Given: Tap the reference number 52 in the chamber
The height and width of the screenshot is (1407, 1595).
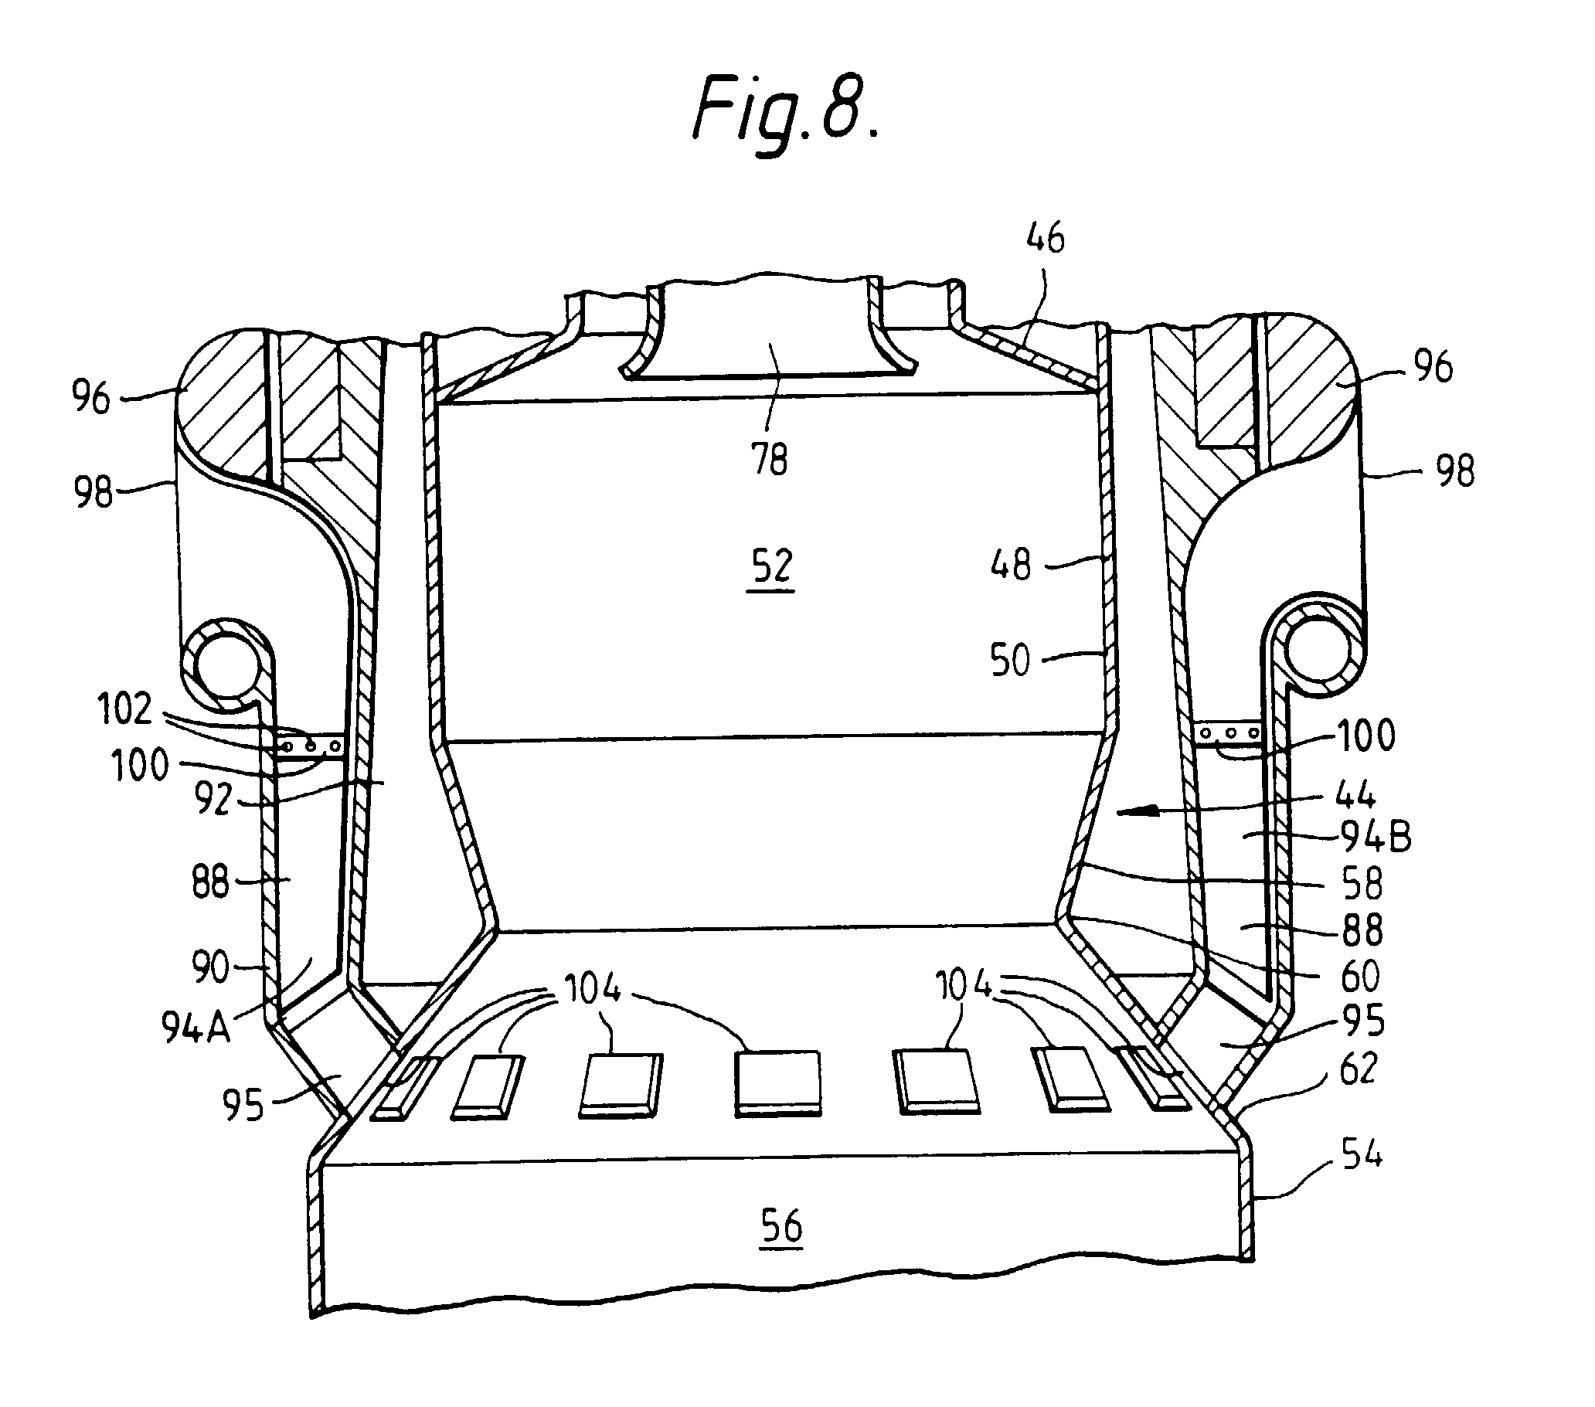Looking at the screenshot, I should click(771, 566).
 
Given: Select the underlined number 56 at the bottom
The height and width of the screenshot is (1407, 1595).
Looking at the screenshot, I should click(781, 1226).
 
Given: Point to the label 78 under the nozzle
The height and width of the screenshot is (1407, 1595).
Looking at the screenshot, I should click(770, 459).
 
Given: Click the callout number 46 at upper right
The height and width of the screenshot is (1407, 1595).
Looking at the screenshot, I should click(1045, 237).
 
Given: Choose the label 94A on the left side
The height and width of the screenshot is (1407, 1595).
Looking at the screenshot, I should click(196, 1028).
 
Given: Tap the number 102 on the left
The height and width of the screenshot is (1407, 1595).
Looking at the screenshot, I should click(125, 709).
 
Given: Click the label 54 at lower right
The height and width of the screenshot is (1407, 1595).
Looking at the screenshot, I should click(1362, 1153).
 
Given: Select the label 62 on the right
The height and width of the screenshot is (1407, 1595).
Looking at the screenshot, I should click(1359, 1069).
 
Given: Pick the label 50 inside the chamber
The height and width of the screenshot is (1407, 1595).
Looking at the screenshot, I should click(1011, 659).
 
